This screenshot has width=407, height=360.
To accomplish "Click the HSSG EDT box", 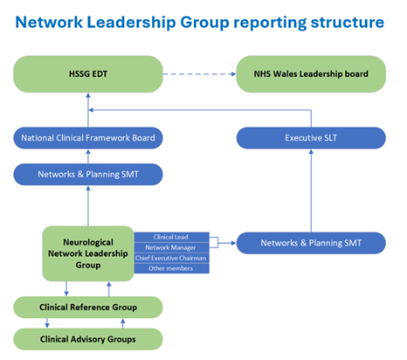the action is (88, 74).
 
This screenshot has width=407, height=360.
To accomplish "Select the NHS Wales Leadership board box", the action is (311, 74).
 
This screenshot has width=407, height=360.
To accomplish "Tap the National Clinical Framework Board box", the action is (88, 138).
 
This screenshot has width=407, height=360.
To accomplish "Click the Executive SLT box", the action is (311, 138).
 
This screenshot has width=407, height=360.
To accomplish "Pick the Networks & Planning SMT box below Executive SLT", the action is (311, 243).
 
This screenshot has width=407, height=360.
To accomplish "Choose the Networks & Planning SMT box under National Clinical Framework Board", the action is (88, 174).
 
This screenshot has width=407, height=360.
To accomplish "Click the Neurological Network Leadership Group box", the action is (88, 253).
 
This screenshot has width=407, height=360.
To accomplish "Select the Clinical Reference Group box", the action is (88, 308).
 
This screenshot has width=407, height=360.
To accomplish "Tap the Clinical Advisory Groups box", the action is (88, 339).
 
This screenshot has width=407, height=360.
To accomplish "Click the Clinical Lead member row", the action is (171, 237).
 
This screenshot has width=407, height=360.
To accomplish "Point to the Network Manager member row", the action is (171, 247).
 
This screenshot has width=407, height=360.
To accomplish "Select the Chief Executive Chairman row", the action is (171, 258).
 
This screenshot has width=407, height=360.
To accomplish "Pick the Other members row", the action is (171, 268).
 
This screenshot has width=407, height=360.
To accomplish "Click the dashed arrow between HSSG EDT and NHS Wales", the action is (199, 74).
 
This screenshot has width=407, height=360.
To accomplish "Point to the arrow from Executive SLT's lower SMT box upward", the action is (311, 190).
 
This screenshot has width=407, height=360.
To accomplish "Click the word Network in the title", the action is (49, 22).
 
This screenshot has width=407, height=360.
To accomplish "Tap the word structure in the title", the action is (348, 23).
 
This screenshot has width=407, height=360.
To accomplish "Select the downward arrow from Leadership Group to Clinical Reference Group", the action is (66, 288).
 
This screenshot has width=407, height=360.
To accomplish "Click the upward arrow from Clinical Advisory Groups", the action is (123, 323).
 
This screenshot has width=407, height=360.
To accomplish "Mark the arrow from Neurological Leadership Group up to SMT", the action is (88, 206).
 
